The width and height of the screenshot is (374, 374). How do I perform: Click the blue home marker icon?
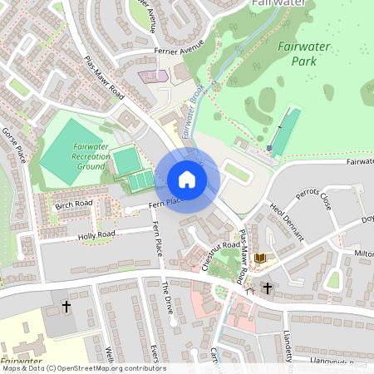click(x=187, y=180)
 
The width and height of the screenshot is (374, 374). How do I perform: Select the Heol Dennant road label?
click(x=288, y=220)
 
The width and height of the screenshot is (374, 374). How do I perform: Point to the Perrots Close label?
click(x=313, y=201)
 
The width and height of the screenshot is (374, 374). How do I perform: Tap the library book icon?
click(x=260, y=258)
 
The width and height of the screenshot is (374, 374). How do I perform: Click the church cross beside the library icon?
click(x=267, y=288)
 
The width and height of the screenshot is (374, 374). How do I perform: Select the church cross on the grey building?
click(x=66, y=307)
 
